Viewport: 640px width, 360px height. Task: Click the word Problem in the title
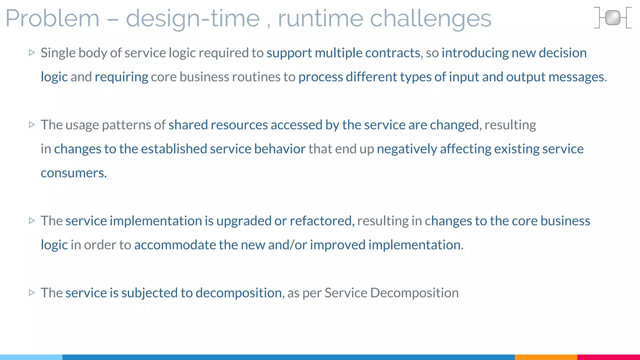[x=52, y=19]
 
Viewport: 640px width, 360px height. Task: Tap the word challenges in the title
[x=430, y=19]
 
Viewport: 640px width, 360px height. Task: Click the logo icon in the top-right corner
[x=612, y=18]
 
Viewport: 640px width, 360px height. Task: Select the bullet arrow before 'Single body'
[x=32, y=52]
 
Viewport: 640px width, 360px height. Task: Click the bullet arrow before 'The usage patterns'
[x=32, y=125]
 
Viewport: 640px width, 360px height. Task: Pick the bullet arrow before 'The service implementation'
[x=32, y=221]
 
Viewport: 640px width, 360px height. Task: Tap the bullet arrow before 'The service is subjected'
[x=32, y=292]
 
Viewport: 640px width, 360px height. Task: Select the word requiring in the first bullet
[x=121, y=77]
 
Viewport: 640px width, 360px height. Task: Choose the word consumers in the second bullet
[x=73, y=173]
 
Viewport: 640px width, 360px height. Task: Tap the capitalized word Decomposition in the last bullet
[x=414, y=293]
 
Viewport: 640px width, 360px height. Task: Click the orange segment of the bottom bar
[x=546, y=357]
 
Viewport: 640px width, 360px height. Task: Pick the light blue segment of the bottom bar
[x=31, y=357]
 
